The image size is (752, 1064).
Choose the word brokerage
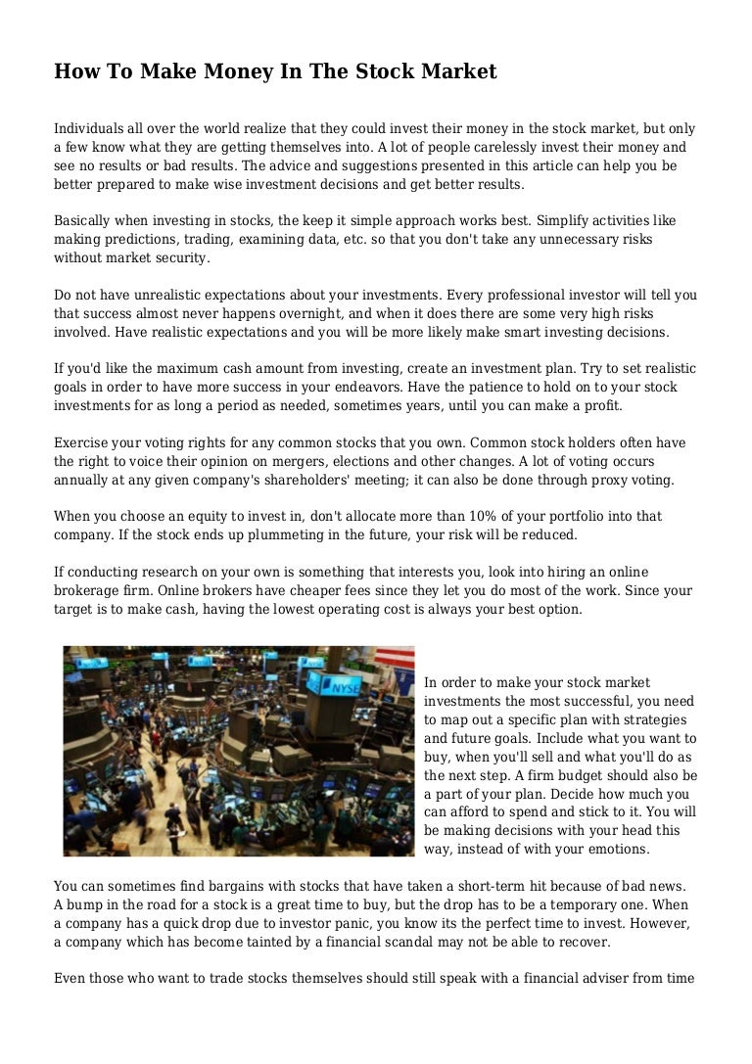[x=89, y=590]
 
